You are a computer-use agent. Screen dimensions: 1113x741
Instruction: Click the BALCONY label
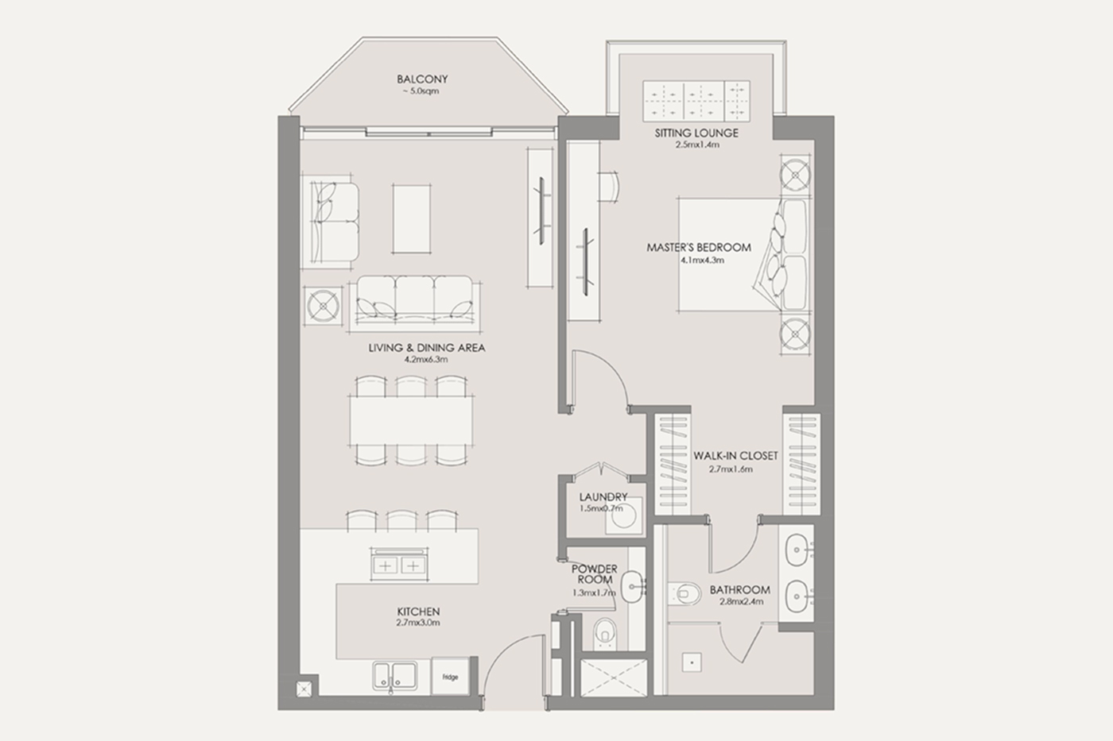click(x=422, y=79)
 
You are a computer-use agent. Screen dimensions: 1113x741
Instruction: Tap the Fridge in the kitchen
click(x=450, y=676)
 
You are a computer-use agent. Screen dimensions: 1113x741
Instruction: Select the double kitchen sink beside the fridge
click(x=395, y=676)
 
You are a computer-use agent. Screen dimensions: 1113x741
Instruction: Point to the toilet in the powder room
click(x=605, y=633)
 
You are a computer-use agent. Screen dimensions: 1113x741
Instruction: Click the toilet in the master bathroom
click(x=684, y=593)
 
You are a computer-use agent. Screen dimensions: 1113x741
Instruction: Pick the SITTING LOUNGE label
click(x=696, y=133)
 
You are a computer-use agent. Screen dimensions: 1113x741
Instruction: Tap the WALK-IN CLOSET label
click(x=735, y=456)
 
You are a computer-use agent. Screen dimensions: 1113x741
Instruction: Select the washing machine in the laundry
click(x=623, y=516)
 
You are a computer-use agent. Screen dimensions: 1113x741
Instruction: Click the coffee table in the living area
click(x=412, y=219)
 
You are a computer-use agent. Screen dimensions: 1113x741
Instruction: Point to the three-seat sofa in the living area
click(x=414, y=303)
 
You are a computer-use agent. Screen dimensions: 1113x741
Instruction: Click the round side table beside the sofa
click(x=324, y=306)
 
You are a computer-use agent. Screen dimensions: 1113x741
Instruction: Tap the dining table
click(x=411, y=421)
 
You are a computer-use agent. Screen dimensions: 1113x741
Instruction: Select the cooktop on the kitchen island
click(x=399, y=564)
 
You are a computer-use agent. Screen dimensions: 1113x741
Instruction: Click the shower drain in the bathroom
click(x=692, y=662)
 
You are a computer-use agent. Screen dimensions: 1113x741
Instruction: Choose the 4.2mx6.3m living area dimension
click(x=426, y=359)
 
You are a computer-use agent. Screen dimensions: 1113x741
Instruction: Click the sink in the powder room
click(x=633, y=586)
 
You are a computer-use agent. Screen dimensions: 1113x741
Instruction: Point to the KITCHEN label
click(x=418, y=612)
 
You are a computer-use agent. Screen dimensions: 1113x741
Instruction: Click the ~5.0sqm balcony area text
click(x=421, y=91)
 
